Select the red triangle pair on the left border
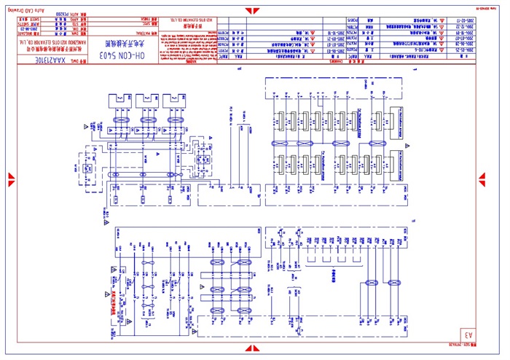(x=11, y=178)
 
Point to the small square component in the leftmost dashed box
(x=87, y=168)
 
